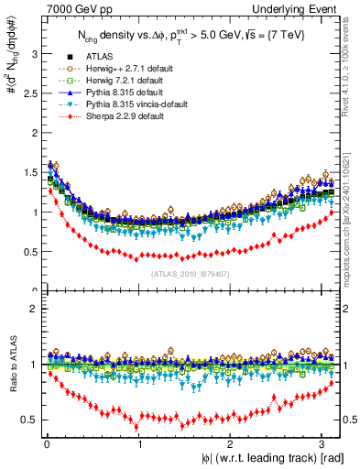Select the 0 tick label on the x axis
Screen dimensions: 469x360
pyautogui.click(x=45, y=443)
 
